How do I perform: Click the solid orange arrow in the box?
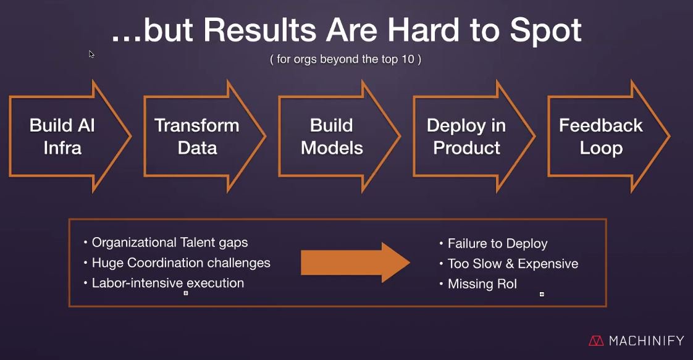click(x=355, y=262)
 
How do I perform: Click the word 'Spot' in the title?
click(x=546, y=31)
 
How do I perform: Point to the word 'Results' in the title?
click(x=259, y=30)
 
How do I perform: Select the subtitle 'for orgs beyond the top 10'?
click(x=345, y=59)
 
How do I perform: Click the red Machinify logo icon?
click(x=596, y=341)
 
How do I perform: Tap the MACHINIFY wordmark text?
click(x=647, y=341)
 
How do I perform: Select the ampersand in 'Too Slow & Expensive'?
click(x=510, y=264)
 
